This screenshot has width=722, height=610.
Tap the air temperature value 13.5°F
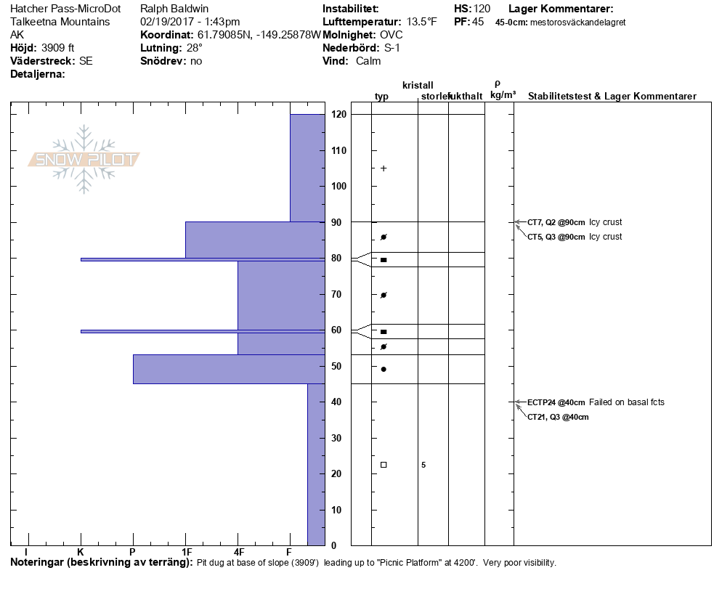point(422,22)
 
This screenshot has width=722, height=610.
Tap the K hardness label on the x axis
point(81,553)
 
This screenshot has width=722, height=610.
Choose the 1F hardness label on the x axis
point(187,553)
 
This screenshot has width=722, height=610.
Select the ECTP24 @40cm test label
point(556,402)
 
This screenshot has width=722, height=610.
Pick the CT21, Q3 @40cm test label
point(558,417)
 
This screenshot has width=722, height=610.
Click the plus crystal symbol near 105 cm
point(384,168)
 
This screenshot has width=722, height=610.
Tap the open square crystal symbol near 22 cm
point(384,465)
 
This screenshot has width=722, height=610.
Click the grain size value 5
point(423,465)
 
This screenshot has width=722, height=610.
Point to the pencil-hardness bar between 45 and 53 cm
point(228,369)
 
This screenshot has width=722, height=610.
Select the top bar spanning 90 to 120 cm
point(307,168)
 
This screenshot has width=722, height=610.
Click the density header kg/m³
point(503,95)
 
